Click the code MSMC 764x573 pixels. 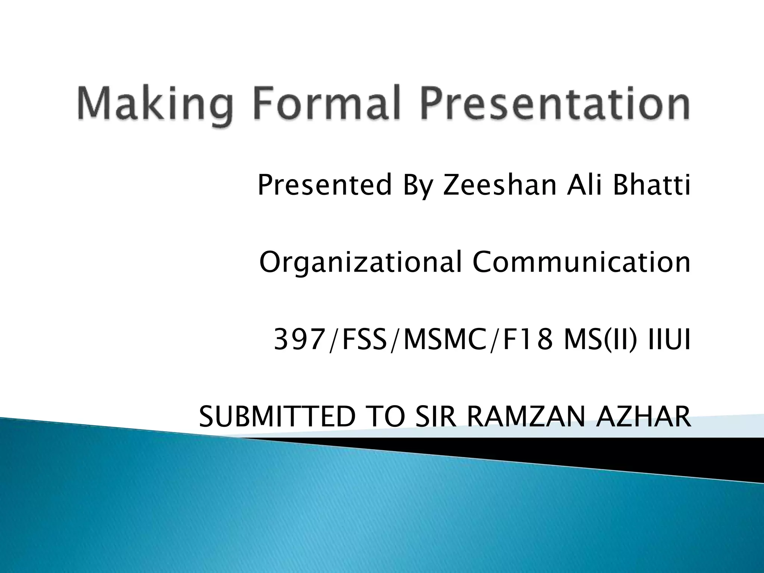pyautogui.click(x=444, y=340)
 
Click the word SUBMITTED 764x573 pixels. pyautogui.click(x=277, y=417)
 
